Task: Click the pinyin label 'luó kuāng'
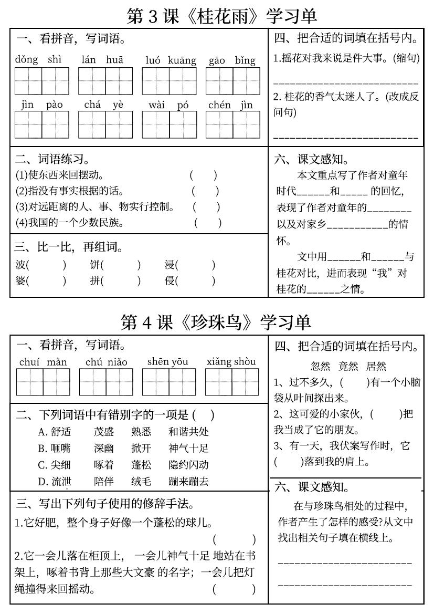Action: pyautogui.click(x=171, y=60)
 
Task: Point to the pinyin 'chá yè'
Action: pyautogui.click(x=104, y=105)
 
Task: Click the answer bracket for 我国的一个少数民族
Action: pyautogui.click(x=208, y=223)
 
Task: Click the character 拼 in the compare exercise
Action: pyautogui.click(x=95, y=280)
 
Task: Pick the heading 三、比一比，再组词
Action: pyautogui.click(x=69, y=247)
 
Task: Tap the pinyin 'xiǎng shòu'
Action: pyautogui.click(x=231, y=361)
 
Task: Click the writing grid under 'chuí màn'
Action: pyautogui.click(x=43, y=382)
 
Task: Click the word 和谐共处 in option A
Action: pyautogui.click(x=188, y=432)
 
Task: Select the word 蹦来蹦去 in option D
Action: pyautogui.click(x=188, y=481)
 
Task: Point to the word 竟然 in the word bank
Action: pyautogui.click(x=348, y=366)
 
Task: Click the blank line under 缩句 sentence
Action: pyautogui.click(x=346, y=83)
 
